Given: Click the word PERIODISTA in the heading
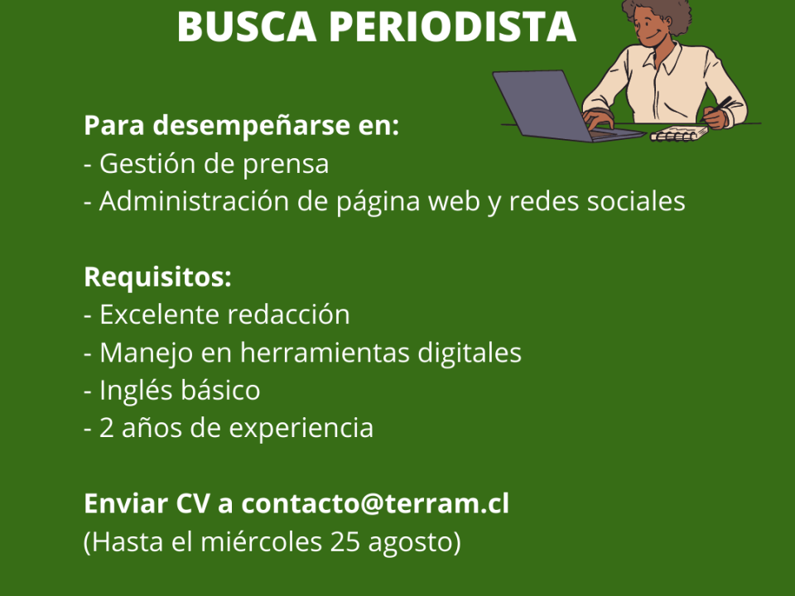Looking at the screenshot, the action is [453, 26].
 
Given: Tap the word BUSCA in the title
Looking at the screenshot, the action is [247, 26].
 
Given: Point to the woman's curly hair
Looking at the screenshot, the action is [659, 12].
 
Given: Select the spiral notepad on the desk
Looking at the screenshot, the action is [679, 134].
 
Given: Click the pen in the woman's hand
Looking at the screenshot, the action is [720, 104].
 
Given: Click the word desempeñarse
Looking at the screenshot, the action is [252, 126].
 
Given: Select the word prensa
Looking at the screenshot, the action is [286, 165].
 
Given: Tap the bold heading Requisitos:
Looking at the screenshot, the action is [157, 277].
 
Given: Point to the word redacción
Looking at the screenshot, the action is [288, 315].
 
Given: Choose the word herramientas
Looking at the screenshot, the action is [325, 353].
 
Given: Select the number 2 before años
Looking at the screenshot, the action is [107, 428].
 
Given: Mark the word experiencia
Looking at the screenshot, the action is [301, 429].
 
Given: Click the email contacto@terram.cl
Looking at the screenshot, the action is [375, 504].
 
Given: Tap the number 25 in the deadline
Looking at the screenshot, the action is [344, 541].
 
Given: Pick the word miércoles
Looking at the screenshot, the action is [262, 541].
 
